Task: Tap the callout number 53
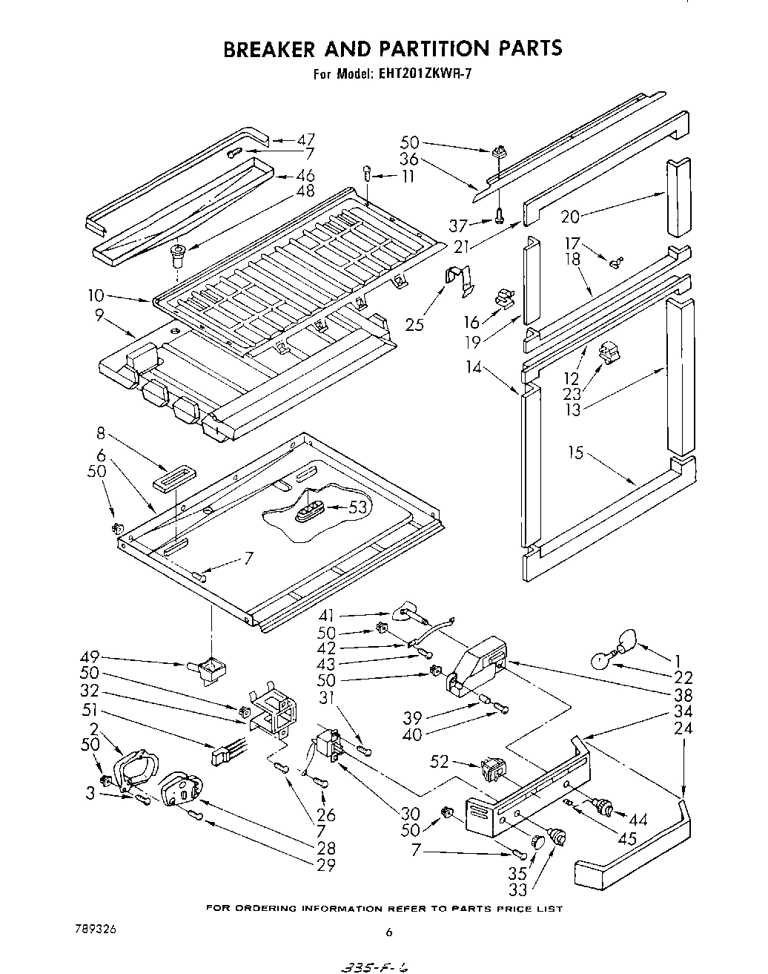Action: pyautogui.click(x=359, y=507)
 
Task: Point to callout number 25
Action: pyautogui.click(x=415, y=323)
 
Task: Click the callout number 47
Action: pyautogui.click(x=305, y=139)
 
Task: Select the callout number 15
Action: pyautogui.click(x=575, y=452)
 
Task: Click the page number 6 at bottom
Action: pyautogui.click(x=388, y=933)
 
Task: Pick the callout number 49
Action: pyautogui.click(x=90, y=657)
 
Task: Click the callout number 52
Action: pyautogui.click(x=440, y=762)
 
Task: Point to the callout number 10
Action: pyautogui.click(x=96, y=296)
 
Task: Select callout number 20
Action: pyautogui.click(x=570, y=216)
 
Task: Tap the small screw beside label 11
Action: pyautogui.click(x=367, y=174)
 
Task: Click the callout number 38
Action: pyautogui.click(x=683, y=695)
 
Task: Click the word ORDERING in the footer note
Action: pyautogui.click(x=275, y=909)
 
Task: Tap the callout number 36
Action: pyautogui.click(x=408, y=159)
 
